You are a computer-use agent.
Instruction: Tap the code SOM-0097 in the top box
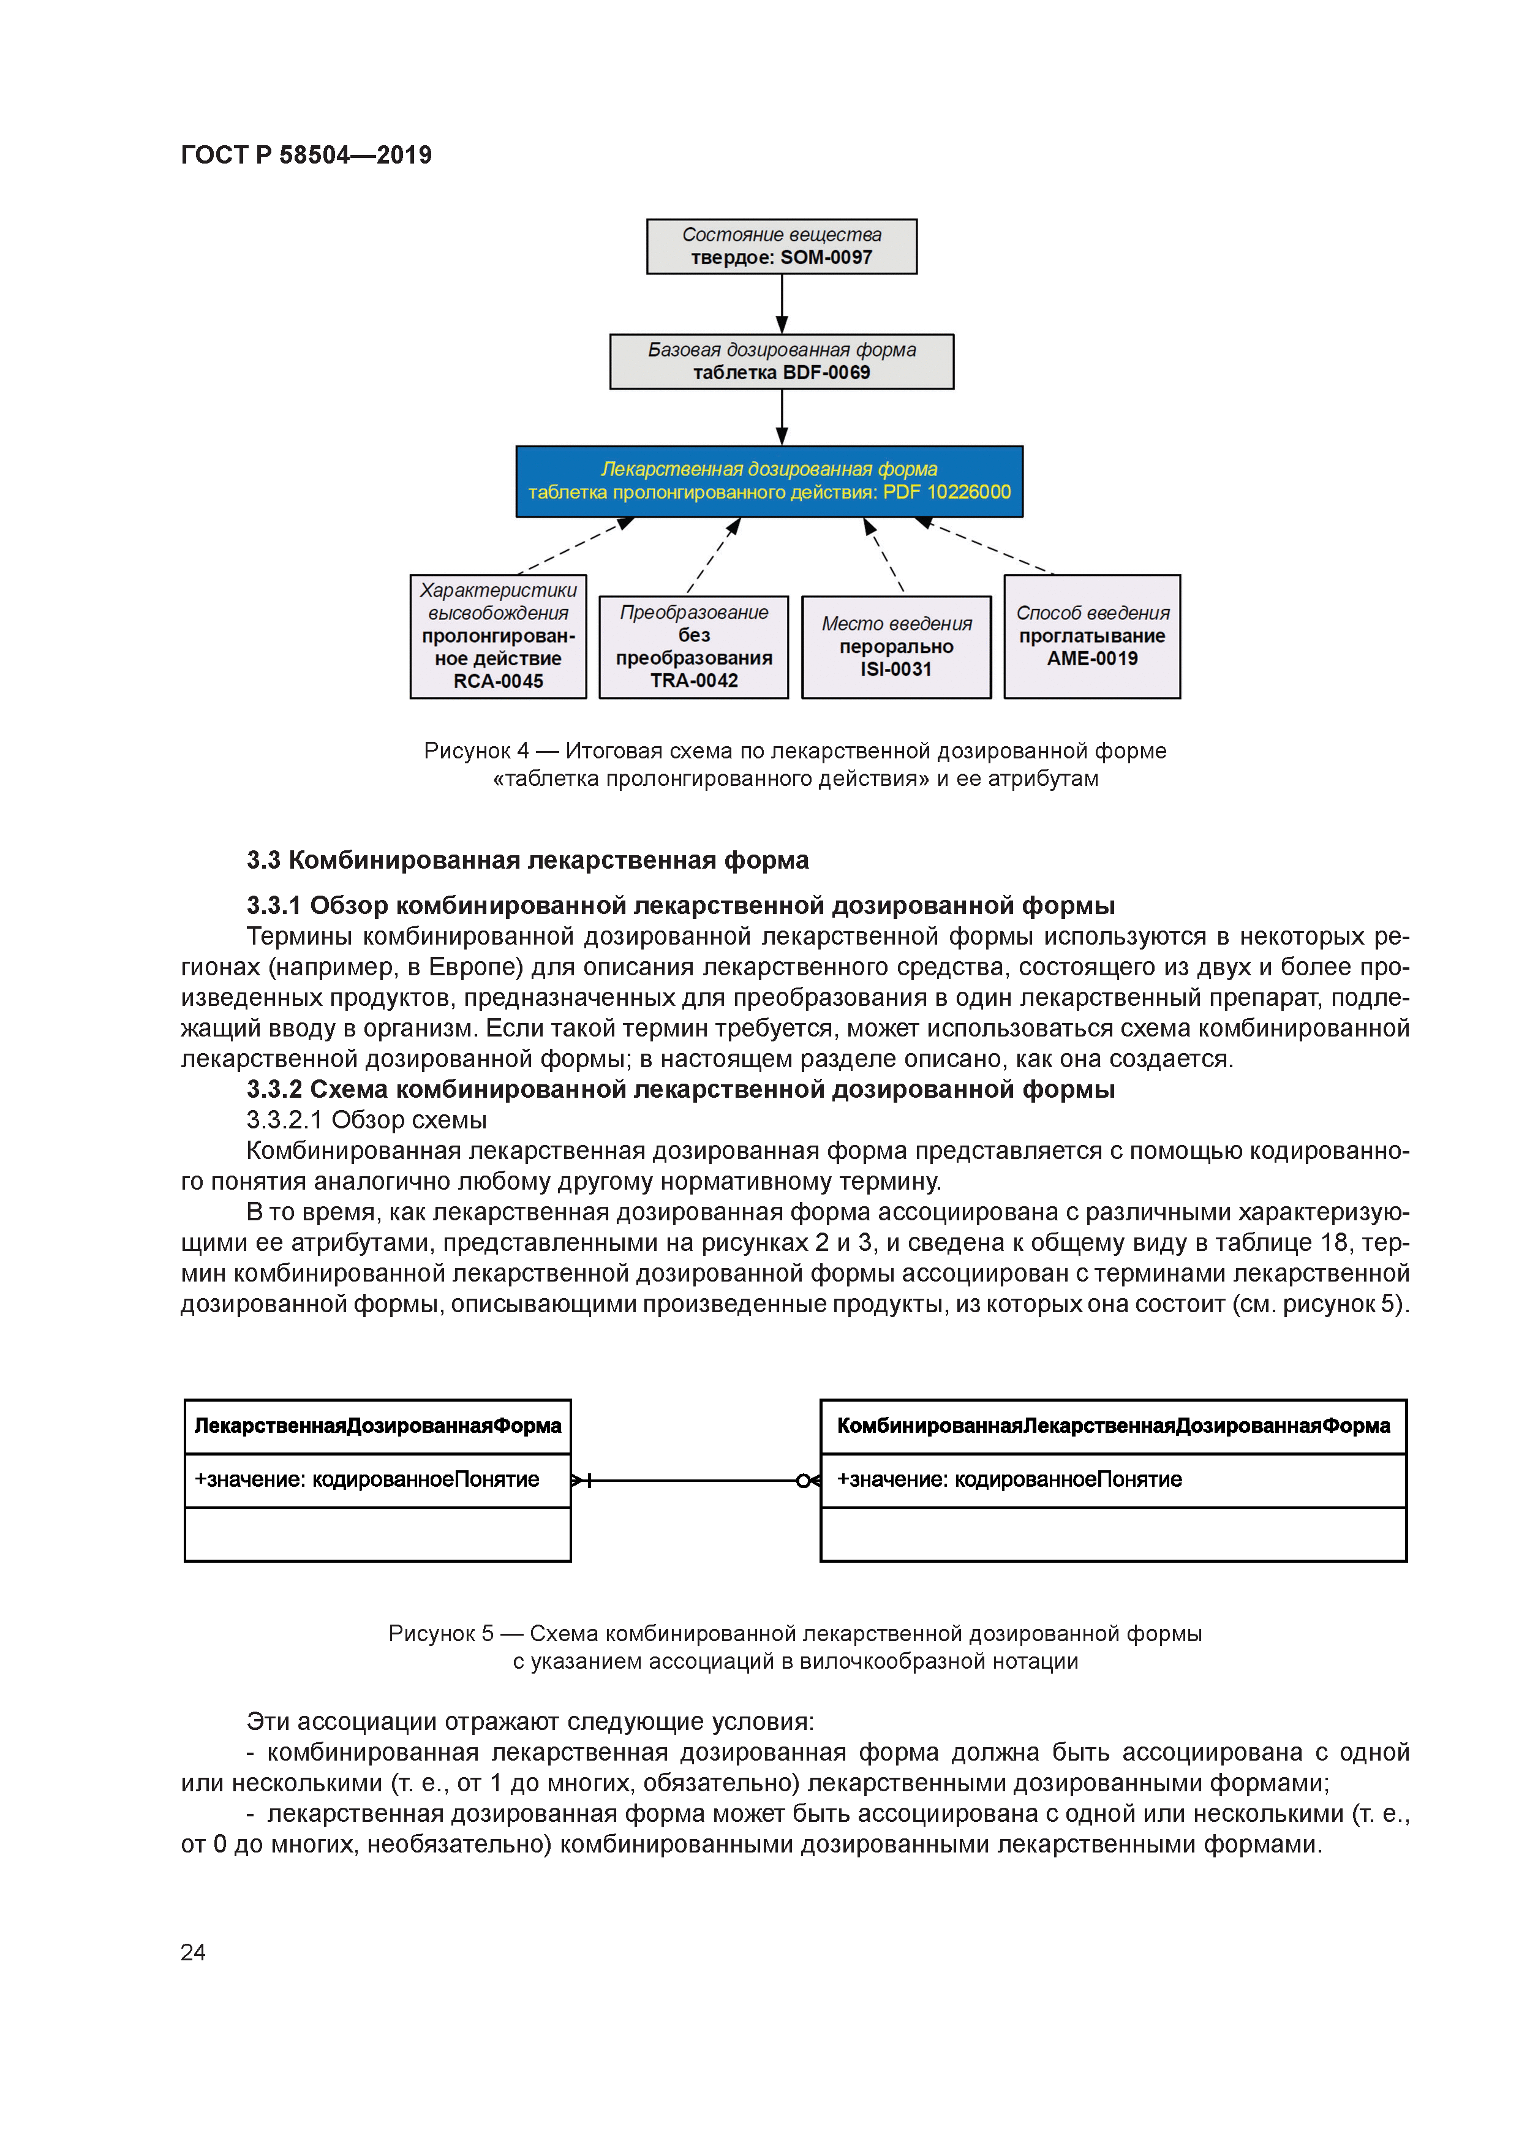tap(826, 257)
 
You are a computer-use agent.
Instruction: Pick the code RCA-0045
tap(498, 681)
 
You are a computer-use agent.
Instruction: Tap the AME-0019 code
tap(1091, 659)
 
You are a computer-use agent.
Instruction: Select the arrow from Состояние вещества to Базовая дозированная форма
tap(782, 304)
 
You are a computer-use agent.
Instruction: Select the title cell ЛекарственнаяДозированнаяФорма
tap(377, 1426)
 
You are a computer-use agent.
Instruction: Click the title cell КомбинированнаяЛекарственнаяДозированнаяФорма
tap(1113, 1426)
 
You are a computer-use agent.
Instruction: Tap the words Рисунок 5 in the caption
tap(441, 1633)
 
